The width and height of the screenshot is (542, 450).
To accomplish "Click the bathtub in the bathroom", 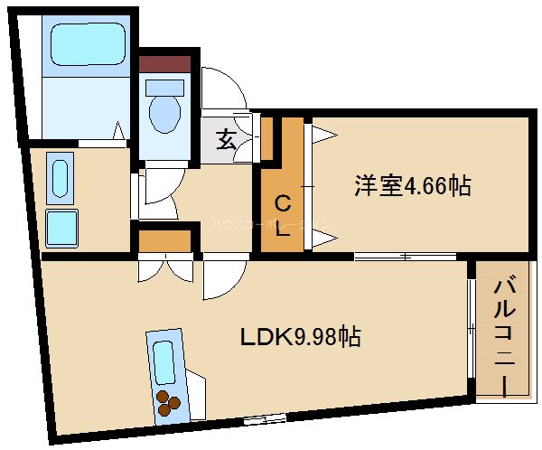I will tap(87, 44).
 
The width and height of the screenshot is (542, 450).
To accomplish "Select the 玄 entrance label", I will tap(226, 141).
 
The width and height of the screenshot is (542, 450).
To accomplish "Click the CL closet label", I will tap(282, 214).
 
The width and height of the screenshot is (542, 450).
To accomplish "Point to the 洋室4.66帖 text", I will tap(412, 187).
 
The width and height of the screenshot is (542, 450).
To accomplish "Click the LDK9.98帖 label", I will tap(301, 337).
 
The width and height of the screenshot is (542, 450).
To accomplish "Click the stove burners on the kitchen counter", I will tap(169, 401).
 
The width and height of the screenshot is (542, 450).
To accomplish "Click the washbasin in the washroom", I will tap(60, 179).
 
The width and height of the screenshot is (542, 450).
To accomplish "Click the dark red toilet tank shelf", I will tap(164, 64).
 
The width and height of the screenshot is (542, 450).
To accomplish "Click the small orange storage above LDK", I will tap(164, 241).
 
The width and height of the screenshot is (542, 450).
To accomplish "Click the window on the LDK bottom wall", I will tap(265, 417).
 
